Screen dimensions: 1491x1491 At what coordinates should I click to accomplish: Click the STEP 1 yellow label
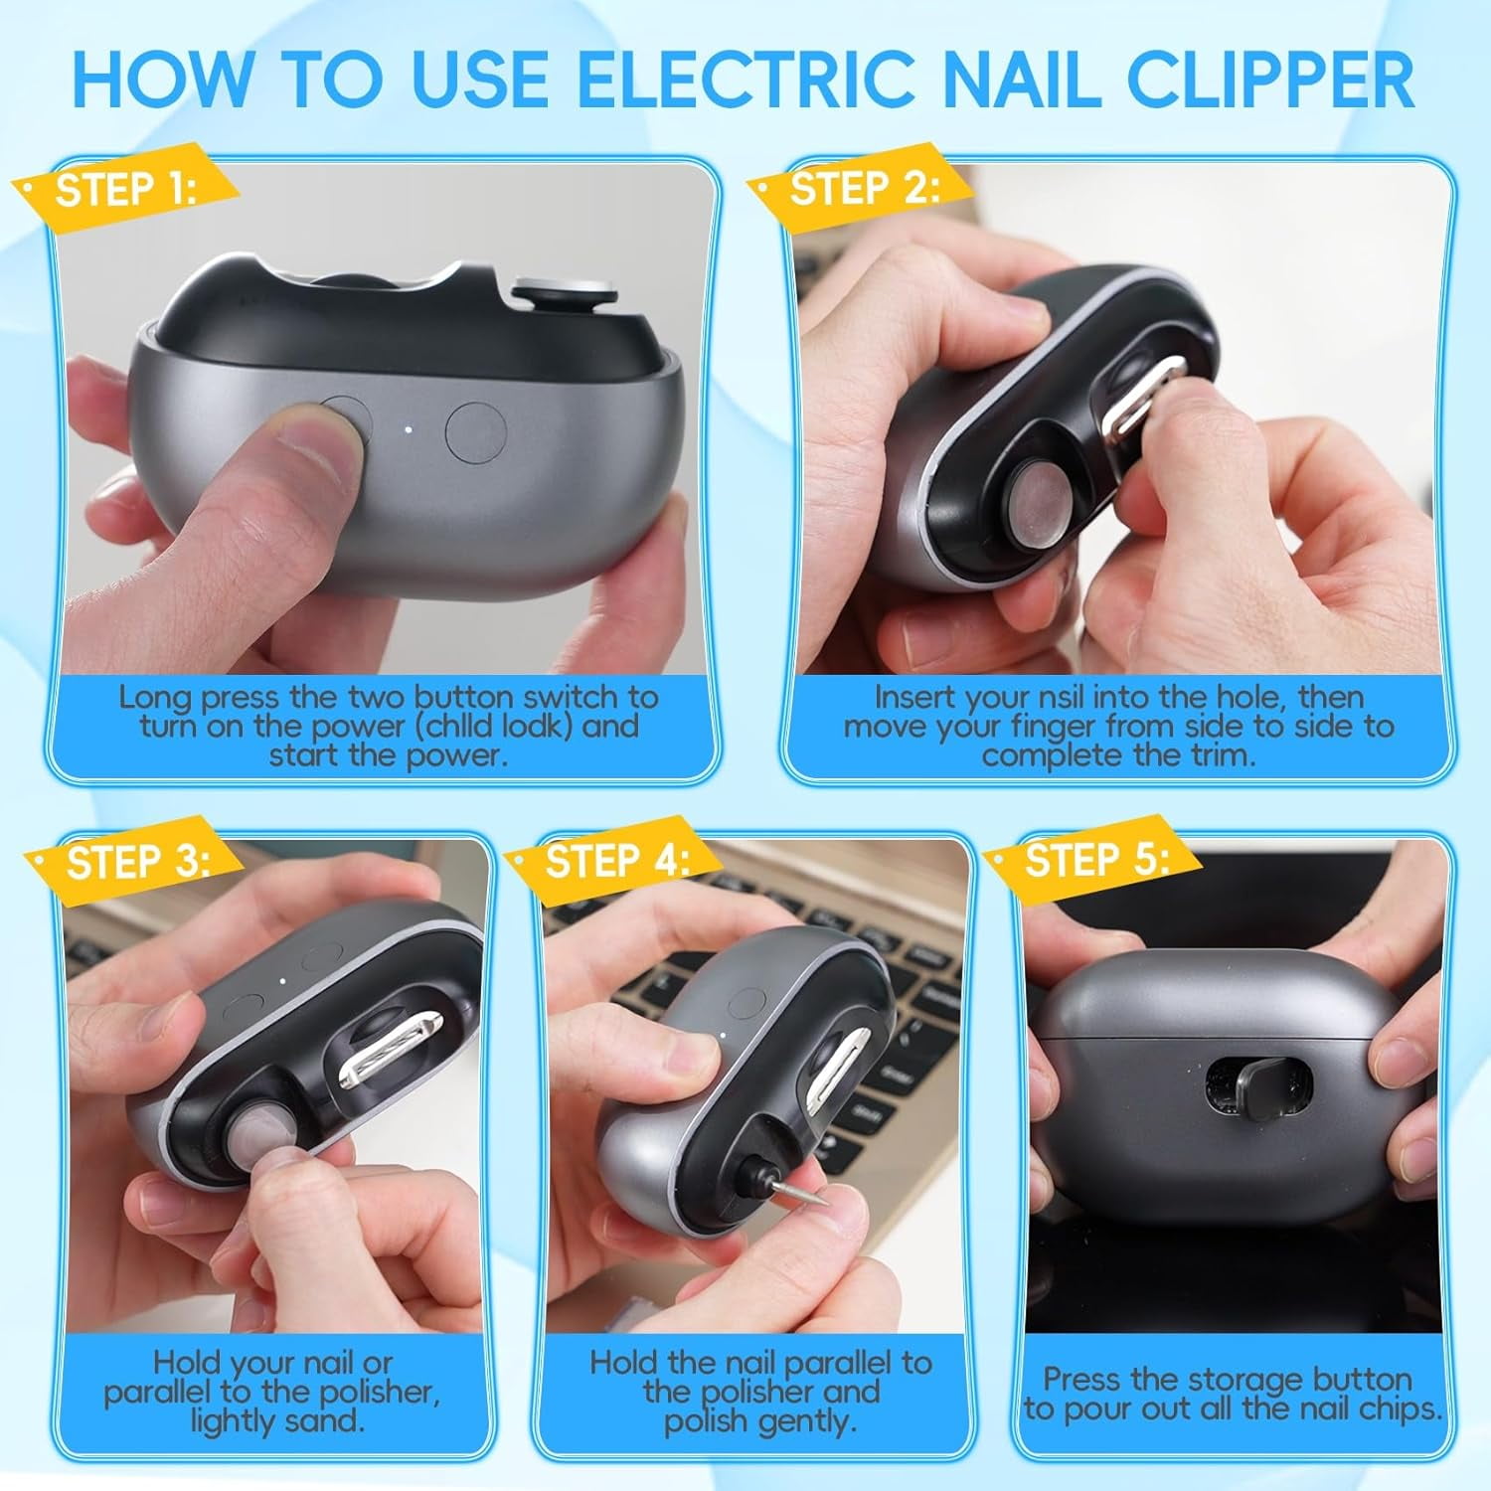[124, 190]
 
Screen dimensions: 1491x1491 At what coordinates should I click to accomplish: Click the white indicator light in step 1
[408, 430]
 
